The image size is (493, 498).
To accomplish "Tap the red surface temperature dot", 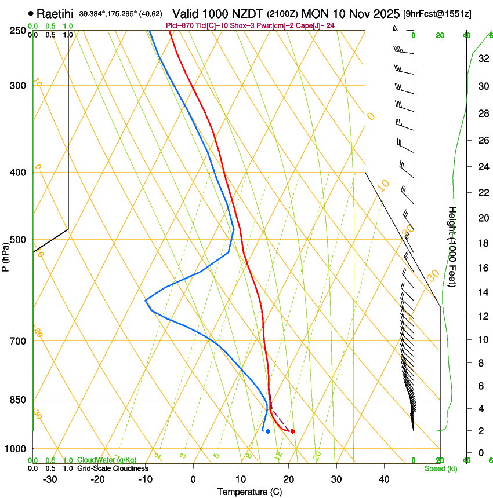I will (x=292, y=431).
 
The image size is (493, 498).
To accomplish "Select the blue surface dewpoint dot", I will (x=267, y=431).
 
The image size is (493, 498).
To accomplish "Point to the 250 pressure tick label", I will (x=17, y=31).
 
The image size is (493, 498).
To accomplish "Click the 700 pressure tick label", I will (x=17, y=341).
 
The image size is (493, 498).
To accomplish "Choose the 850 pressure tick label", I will (x=17, y=400).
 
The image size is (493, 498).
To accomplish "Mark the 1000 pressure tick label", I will (x=16, y=449).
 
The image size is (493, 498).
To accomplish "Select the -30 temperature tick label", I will (x=50, y=479).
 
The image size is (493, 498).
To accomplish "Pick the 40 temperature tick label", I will (x=384, y=479).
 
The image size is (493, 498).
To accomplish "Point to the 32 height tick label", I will (x=481, y=58).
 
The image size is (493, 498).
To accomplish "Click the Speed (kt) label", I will (x=440, y=468).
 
